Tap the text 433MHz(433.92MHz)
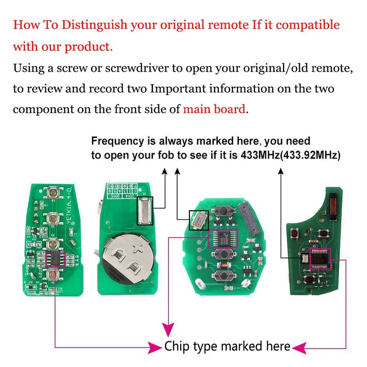point(290,155)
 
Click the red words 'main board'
point(215,109)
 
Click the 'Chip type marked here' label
point(228,346)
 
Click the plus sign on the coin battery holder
point(138,250)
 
